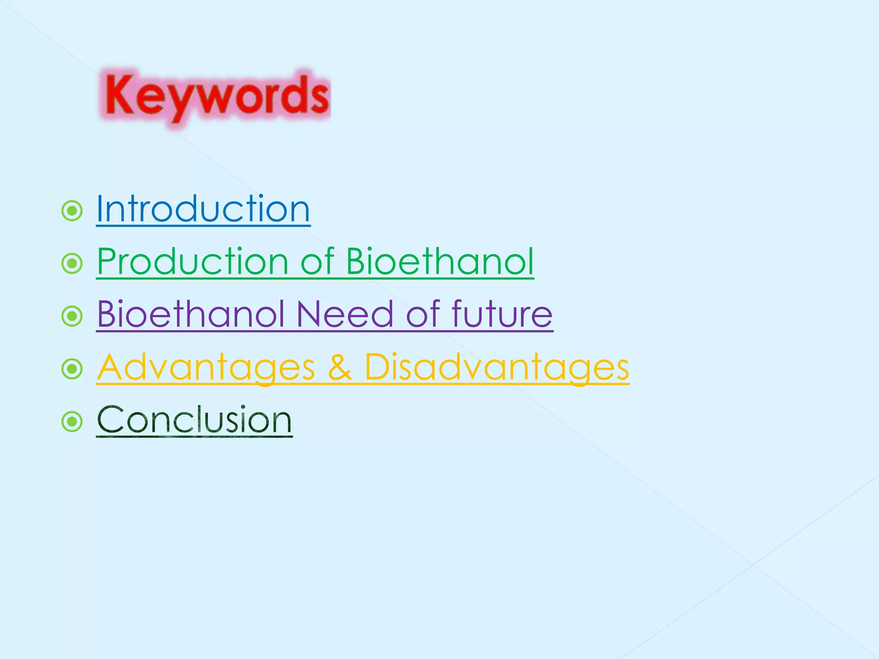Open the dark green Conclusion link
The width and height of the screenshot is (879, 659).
tap(194, 420)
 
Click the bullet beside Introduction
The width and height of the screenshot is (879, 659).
tap(72, 211)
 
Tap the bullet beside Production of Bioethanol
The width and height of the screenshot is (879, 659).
tap(72, 263)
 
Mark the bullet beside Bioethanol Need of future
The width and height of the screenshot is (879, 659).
tap(72, 316)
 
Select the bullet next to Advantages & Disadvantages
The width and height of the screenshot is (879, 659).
tap(72, 369)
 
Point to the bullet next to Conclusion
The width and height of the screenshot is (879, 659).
tap(72, 422)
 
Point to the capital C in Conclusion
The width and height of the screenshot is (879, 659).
tap(110, 420)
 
